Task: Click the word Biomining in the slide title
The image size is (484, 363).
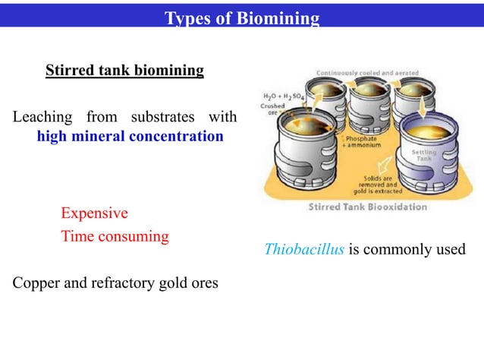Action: tap(283, 18)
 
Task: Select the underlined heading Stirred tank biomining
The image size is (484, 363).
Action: tap(124, 71)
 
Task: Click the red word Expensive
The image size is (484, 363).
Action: tap(94, 213)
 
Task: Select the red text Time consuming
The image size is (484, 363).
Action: tap(115, 236)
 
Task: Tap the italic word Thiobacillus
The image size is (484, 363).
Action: tap(303, 249)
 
